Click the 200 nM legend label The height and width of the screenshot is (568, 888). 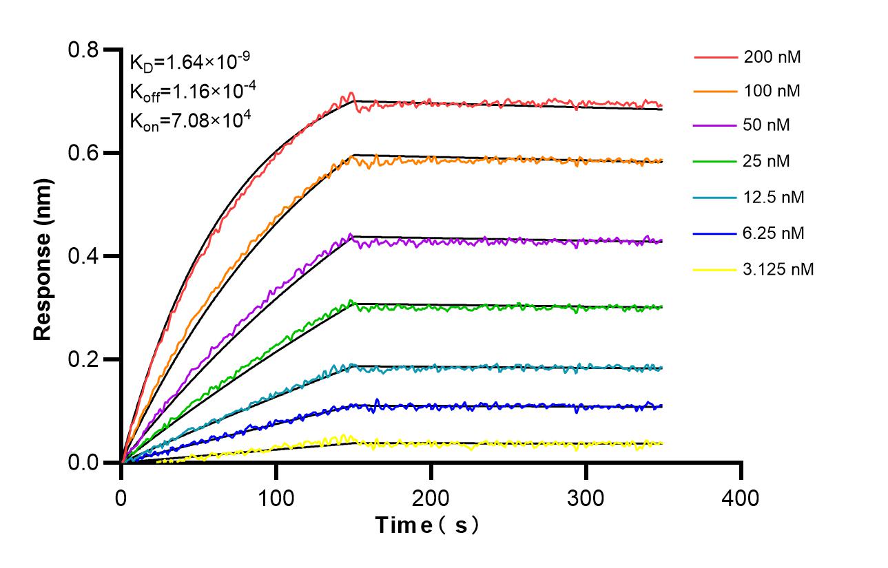pyautogui.click(x=772, y=57)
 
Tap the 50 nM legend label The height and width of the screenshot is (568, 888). pyautogui.click(x=767, y=127)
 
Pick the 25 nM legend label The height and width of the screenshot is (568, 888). pyautogui.click(x=767, y=162)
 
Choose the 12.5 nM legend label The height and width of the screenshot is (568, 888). pyautogui.click(x=774, y=198)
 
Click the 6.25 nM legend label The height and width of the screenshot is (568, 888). pyautogui.click(x=774, y=233)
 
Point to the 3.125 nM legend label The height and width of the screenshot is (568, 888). pyautogui.click(x=778, y=269)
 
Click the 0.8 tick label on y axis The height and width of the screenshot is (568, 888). pyautogui.click(x=84, y=50)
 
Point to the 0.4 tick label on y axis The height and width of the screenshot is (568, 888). pyautogui.click(x=84, y=257)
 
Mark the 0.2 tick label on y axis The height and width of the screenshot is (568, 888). pyautogui.click(x=84, y=359)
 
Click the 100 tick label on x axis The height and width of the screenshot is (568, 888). pyautogui.click(x=276, y=497)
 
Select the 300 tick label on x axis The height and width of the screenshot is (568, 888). pyautogui.click(x=586, y=497)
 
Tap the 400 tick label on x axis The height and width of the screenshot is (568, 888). pyautogui.click(x=741, y=497)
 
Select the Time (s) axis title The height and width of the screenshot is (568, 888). pyautogui.click(x=428, y=526)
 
